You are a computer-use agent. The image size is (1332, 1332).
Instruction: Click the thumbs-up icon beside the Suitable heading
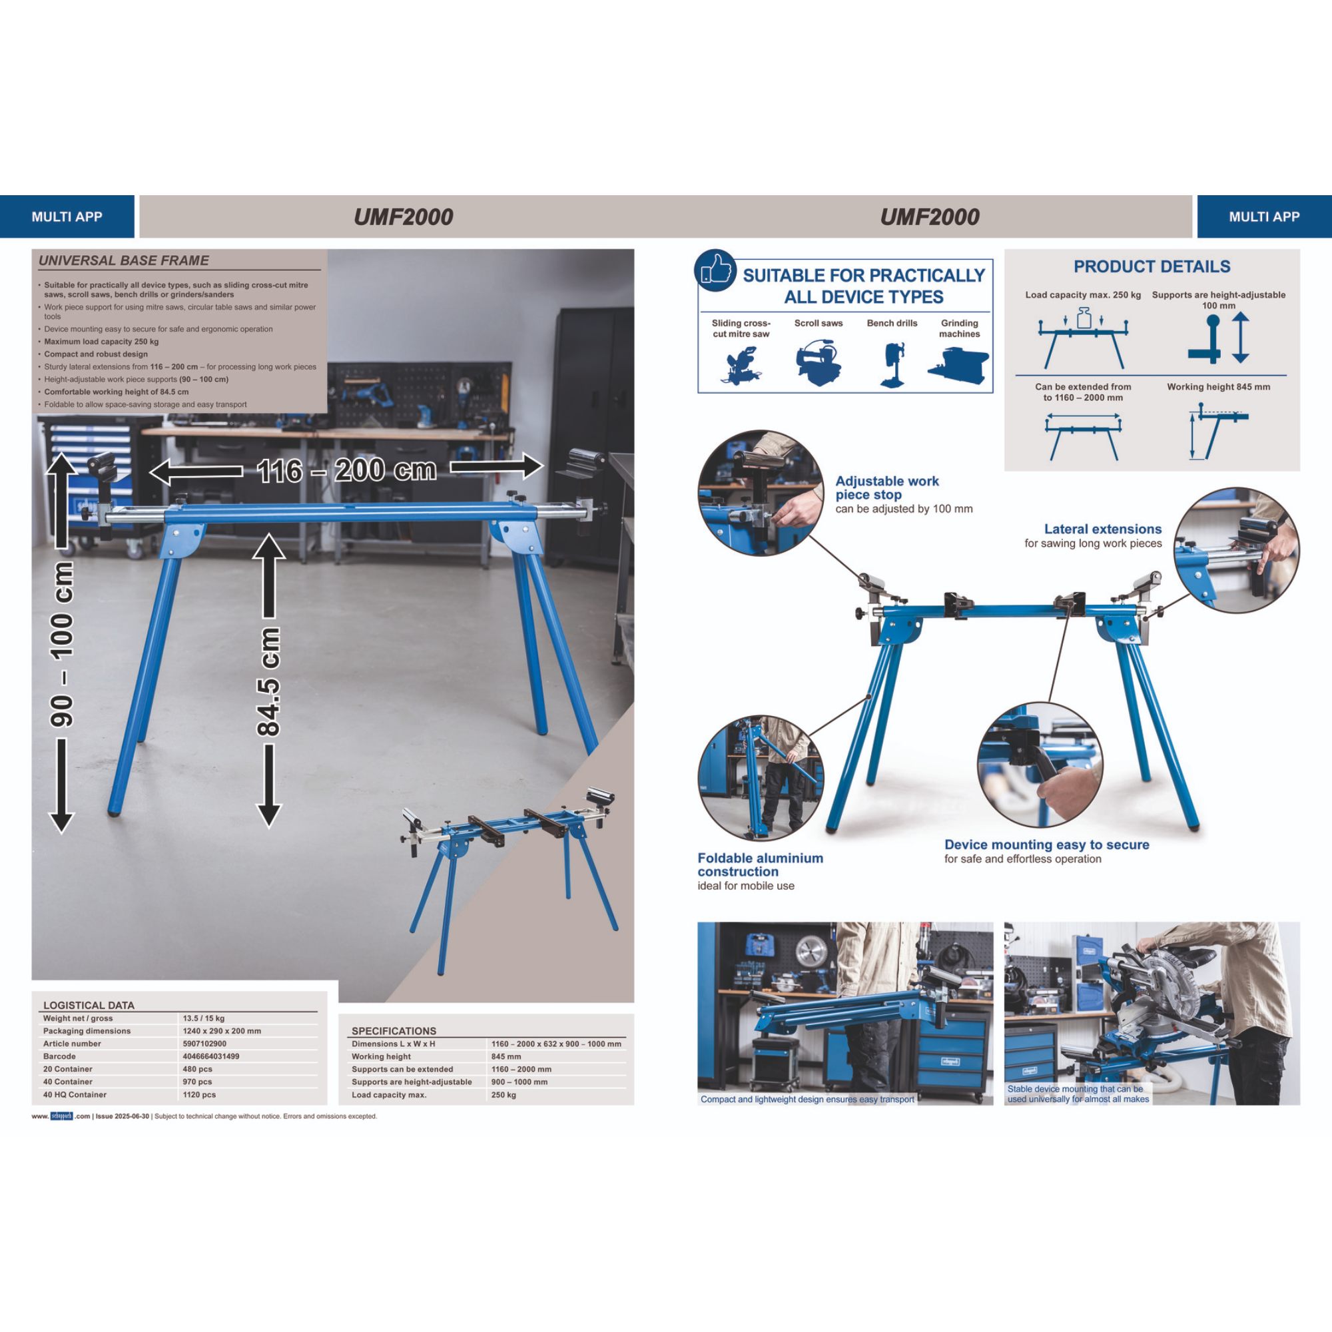point(717,271)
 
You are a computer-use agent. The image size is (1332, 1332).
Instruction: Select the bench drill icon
point(892,365)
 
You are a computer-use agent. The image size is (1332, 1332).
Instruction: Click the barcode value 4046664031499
point(211,1056)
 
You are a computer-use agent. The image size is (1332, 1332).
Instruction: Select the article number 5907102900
point(204,1044)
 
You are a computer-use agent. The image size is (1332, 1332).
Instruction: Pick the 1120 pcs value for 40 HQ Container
point(199,1094)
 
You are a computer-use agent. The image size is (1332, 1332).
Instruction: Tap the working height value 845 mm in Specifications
point(506,1056)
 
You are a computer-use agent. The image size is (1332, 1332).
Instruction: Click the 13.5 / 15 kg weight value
point(203,1018)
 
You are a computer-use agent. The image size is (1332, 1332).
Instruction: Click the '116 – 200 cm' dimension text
point(347,471)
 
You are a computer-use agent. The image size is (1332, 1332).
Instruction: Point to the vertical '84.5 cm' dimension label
point(269,681)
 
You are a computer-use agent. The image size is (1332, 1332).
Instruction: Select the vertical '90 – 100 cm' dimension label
point(62,644)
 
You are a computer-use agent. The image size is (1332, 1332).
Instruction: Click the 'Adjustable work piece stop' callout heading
point(886,488)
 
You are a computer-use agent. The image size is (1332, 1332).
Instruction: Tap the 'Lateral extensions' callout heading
point(1102,529)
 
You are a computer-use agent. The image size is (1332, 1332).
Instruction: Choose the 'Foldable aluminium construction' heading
point(760,864)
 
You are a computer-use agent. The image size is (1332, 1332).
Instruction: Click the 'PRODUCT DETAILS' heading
point(1152,266)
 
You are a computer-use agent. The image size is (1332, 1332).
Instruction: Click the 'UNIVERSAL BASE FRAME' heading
point(123,260)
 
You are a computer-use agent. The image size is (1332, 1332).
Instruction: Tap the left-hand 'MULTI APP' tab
point(67,216)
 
